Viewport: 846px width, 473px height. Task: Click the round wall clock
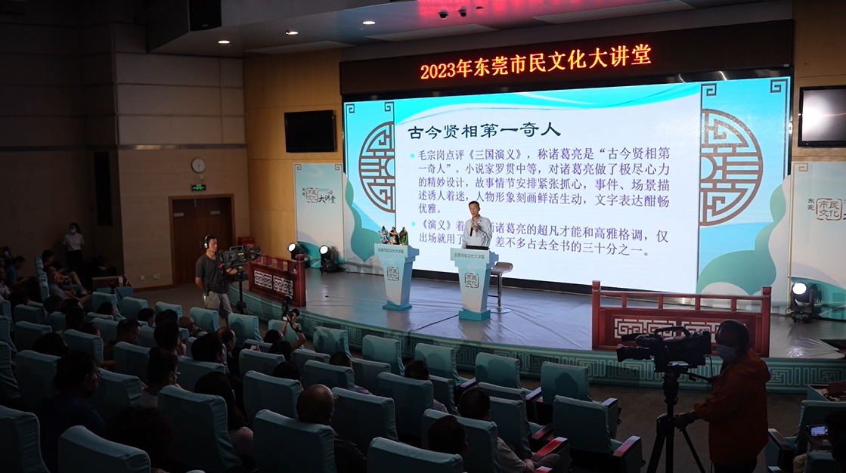[198, 165]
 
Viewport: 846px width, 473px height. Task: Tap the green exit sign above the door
[198, 187]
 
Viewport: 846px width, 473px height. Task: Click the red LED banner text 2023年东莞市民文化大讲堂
[535, 62]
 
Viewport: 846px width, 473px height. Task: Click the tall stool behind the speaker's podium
[500, 283]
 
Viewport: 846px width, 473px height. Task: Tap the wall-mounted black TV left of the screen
[310, 131]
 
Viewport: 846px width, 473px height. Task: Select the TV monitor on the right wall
[823, 116]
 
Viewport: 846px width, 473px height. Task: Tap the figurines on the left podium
[393, 236]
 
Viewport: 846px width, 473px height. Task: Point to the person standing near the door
[73, 242]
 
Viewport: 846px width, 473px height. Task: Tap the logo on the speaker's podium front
[471, 280]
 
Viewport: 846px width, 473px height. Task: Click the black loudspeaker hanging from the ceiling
[204, 14]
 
